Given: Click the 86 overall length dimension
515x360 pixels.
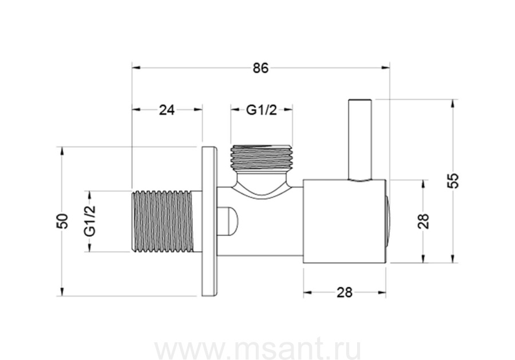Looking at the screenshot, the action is point(260,68).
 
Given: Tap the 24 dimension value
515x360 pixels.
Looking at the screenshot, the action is point(167,110).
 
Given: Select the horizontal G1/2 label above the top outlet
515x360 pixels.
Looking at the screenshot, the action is point(262,110).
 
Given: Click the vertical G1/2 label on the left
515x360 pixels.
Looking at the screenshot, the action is point(90,220).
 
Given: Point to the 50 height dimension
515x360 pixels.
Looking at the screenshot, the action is point(62,221).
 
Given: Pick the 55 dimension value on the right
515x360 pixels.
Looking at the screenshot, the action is point(453,180).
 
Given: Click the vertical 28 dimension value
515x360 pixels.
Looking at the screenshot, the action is point(423,221).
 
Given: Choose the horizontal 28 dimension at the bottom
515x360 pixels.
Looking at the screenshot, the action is point(344,292).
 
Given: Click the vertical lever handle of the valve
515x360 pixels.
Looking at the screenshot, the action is point(360,139).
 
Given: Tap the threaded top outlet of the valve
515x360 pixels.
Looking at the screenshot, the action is point(261,157).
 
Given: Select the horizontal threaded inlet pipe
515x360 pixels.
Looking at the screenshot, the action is point(167,221).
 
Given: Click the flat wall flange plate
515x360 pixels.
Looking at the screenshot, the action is point(209,221).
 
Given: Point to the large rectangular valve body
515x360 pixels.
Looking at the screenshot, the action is point(344,221).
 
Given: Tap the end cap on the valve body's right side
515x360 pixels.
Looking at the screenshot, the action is point(388,221).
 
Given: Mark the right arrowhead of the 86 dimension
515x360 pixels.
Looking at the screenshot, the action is point(385,68).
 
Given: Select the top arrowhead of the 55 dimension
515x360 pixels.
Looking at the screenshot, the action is point(453,103).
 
